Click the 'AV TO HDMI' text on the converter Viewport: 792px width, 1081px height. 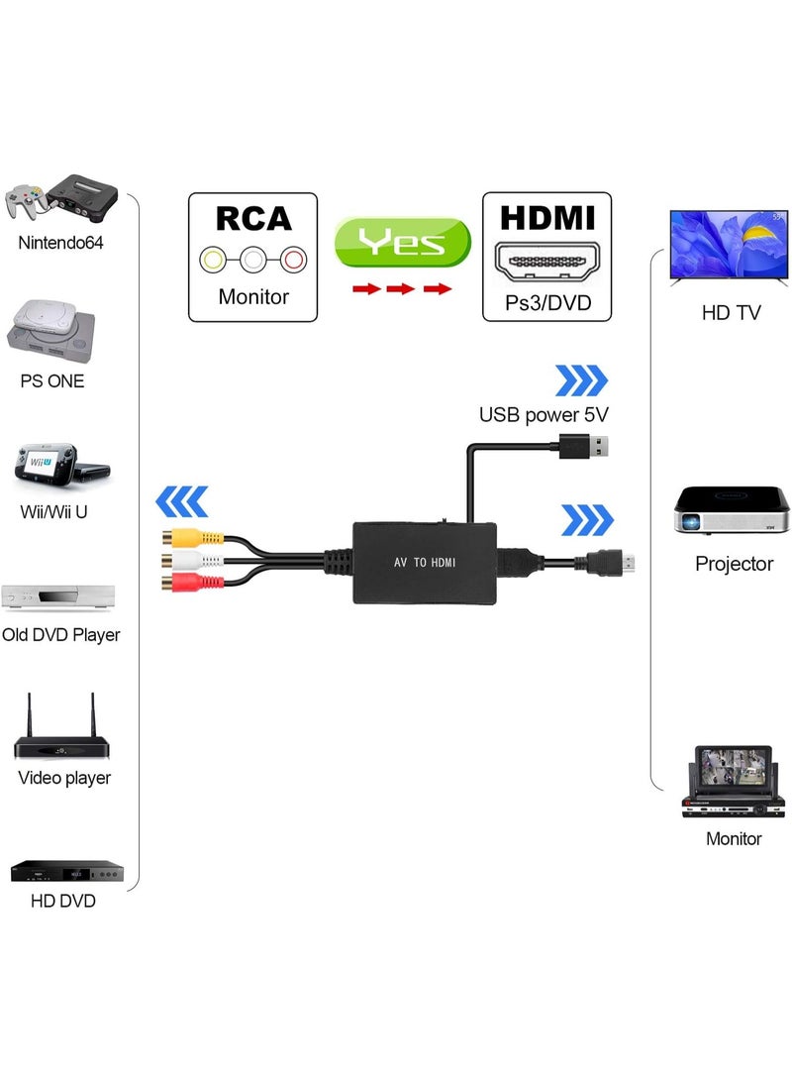click(x=423, y=562)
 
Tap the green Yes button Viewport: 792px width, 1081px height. click(x=402, y=243)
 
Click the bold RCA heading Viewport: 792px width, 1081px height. click(x=253, y=218)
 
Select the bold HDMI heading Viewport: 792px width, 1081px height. click(x=546, y=218)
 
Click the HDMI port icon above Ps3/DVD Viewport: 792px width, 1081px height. click(x=546, y=262)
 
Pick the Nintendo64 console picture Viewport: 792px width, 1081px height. click(x=61, y=198)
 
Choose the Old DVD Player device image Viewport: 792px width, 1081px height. click(x=59, y=596)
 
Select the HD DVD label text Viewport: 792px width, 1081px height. click(x=63, y=901)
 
